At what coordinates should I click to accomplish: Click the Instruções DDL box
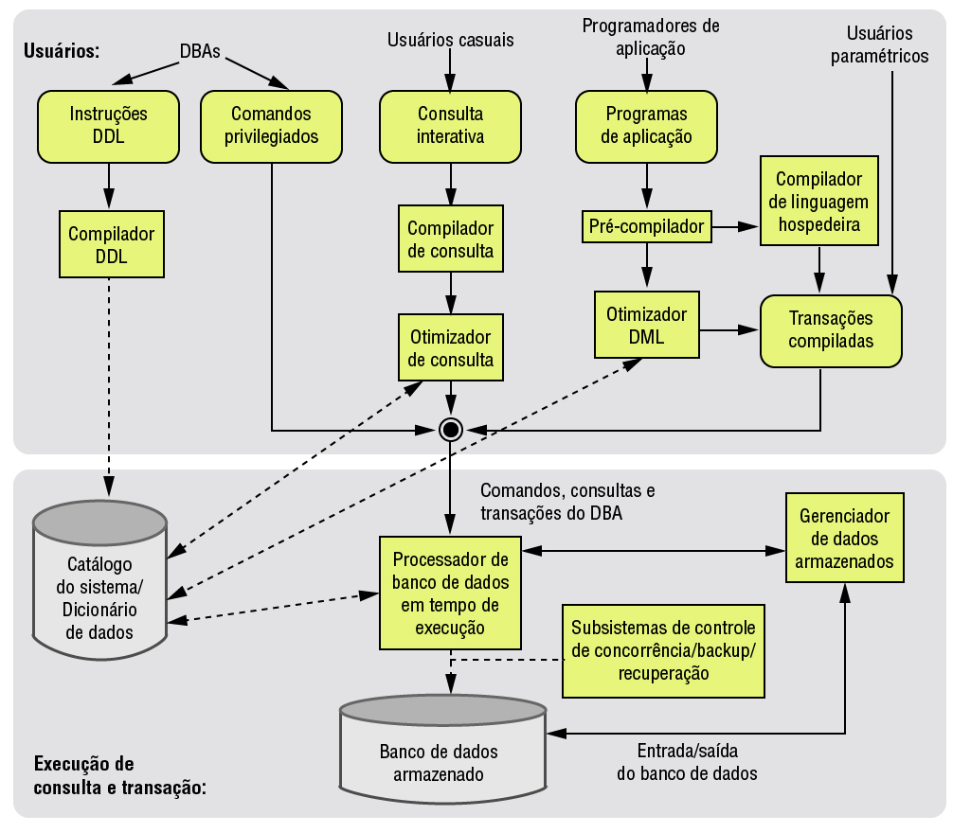point(109,125)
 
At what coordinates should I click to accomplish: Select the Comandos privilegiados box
point(273,125)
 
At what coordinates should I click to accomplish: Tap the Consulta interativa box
point(450,125)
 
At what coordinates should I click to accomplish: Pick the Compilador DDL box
point(110,244)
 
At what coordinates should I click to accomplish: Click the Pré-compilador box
point(646,226)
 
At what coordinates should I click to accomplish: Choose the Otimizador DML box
point(646,325)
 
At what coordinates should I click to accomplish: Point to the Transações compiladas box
point(830,330)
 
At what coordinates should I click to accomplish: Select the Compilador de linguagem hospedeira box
point(818,203)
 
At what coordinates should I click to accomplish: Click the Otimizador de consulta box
point(450,348)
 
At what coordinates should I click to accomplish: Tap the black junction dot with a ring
point(450,431)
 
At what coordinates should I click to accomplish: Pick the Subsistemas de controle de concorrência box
point(662,651)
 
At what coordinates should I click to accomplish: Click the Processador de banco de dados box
point(450,592)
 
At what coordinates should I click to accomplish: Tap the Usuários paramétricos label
point(879,45)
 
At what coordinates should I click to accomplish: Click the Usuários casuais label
point(450,41)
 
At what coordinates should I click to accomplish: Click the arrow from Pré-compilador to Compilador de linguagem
point(735,226)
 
